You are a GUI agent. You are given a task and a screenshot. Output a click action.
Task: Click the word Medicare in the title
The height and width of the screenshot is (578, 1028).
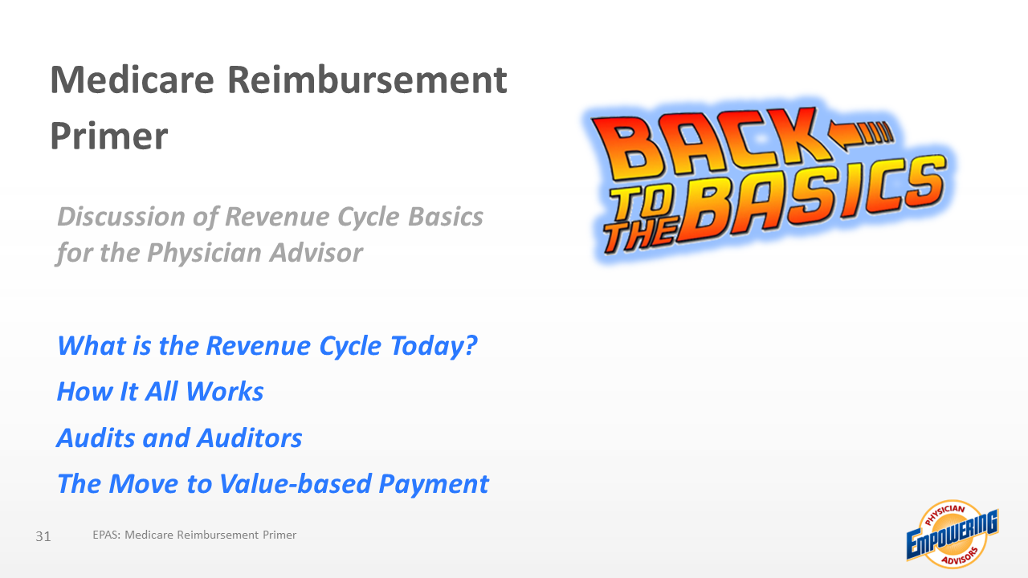pos(133,79)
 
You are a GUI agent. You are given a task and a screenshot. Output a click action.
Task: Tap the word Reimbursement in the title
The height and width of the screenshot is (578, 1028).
pos(367,79)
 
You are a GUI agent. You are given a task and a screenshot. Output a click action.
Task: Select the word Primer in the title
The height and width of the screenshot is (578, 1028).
pos(109,136)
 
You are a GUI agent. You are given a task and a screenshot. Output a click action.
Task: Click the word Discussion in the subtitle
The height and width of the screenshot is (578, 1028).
pos(120,216)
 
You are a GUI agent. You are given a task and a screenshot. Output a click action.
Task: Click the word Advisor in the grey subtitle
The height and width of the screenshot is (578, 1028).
pos(316,253)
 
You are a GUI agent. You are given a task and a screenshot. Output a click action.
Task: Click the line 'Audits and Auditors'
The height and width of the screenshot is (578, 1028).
pos(179,438)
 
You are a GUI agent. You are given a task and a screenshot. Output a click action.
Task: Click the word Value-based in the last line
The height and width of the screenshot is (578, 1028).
pos(296,483)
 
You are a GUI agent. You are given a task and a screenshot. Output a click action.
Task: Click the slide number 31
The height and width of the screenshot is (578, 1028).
pos(43,536)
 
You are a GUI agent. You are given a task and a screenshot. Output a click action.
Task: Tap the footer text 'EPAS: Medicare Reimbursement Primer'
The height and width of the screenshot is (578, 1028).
pos(194,535)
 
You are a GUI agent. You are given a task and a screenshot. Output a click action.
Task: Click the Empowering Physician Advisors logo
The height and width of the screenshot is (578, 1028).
pos(953,535)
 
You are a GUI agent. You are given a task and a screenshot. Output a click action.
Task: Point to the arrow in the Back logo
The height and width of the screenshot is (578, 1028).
pos(860,136)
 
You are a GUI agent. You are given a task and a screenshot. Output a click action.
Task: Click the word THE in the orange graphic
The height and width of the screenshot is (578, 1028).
pos(641,235)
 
